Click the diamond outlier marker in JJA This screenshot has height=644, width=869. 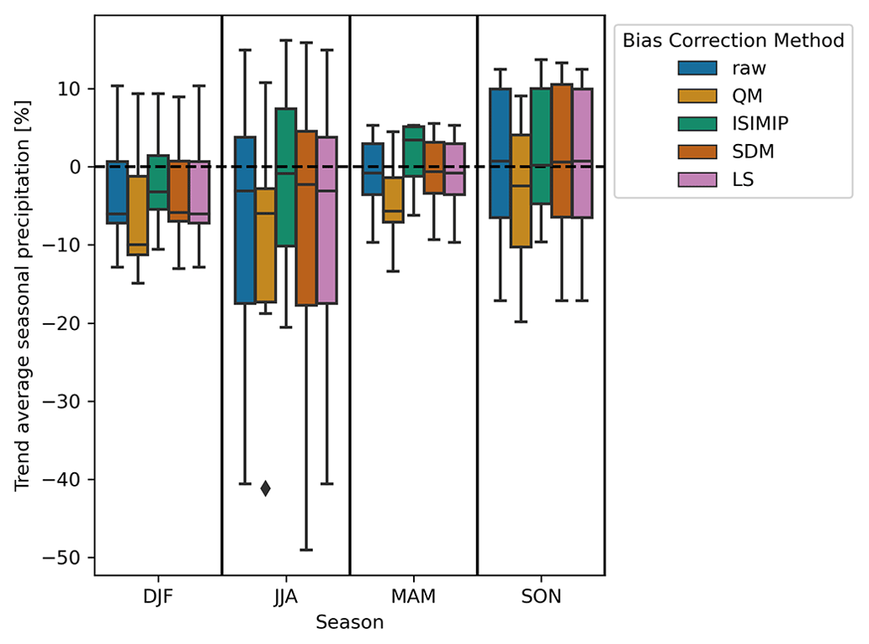(265, 488)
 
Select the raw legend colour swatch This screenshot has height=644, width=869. (697, 68)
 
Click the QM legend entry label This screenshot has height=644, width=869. (747, 95)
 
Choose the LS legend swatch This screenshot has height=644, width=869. (697, 178)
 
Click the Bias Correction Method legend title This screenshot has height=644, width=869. (733, 40)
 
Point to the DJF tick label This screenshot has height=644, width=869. (158, 598)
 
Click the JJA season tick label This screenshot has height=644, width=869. (286, 598)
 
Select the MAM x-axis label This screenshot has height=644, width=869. (414, 598)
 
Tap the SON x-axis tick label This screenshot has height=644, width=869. (542, 598)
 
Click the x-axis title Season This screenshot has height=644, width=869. (350, 623)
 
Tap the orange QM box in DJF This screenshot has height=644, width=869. (137, 216)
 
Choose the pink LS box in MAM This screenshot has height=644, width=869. (454, 168)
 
